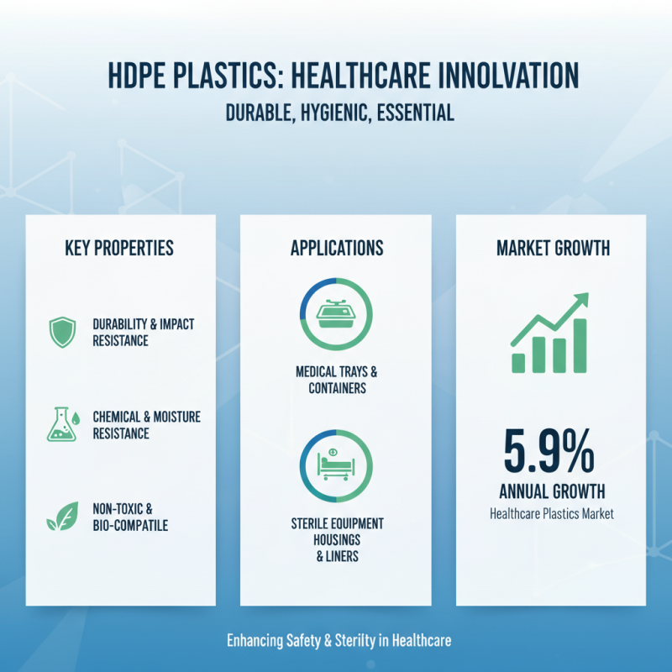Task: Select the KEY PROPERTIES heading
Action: click(119, 249)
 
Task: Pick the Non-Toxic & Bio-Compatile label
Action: click(130, 517)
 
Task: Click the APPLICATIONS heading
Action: click(336, 249)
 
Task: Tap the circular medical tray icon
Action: click(336, 312)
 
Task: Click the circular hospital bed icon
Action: click(336, 464)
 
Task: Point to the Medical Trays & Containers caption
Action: click(336, 380)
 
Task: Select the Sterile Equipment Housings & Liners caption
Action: click(336, 539)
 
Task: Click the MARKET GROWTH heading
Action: click(553, 249)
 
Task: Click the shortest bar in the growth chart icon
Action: click(519, 362)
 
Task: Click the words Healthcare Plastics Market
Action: click(552, 512)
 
